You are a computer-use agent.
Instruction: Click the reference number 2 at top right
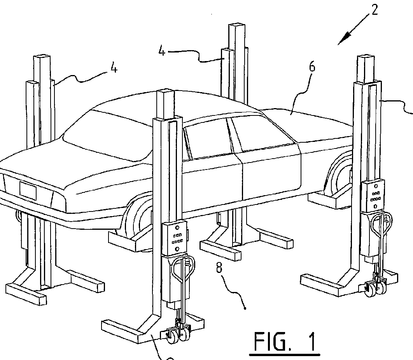pos(374,10)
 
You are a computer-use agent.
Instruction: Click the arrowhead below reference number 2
pos(343,39)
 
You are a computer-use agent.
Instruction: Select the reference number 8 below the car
pos(219,268)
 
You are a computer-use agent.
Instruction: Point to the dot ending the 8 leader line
pos(245,308)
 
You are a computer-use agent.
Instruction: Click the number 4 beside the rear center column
pos(162,51)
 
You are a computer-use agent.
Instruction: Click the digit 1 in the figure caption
pos(311,342)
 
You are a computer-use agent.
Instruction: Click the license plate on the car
pos(28,190)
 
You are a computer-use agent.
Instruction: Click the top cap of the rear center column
pos(237,27)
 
